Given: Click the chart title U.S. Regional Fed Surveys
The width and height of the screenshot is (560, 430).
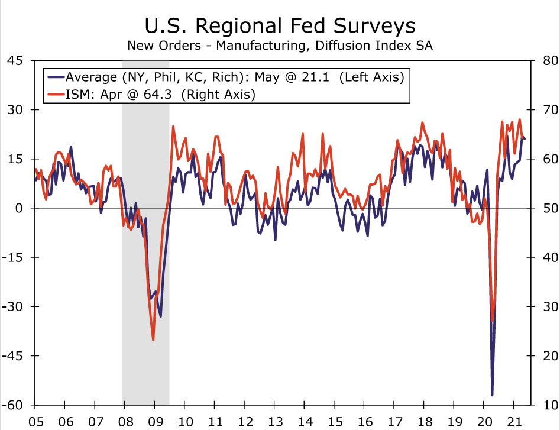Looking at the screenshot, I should pos(280,26).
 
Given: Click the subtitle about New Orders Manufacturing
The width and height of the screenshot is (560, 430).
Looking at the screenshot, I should pos(280,46).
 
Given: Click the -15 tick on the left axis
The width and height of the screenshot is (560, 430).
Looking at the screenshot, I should pos(13,257).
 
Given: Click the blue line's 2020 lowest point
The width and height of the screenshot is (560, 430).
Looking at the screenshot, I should pos(492,395).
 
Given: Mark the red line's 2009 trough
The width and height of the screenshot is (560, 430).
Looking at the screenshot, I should pos(153,340).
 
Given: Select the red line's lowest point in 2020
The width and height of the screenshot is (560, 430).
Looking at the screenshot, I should pos(492,321).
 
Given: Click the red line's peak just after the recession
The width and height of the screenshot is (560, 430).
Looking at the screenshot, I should pos(173,126).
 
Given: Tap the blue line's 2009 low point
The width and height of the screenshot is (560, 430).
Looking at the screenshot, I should pos(160,316).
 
